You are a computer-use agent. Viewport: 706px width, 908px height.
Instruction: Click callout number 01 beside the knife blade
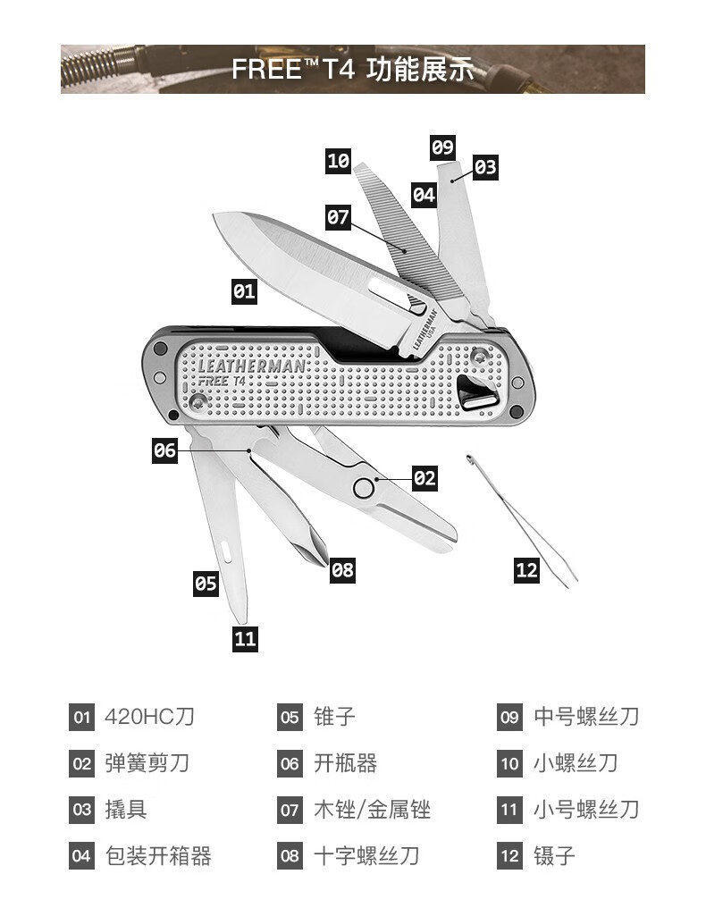point(244,291)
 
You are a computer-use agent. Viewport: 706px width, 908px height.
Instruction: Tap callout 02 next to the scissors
point(424,478)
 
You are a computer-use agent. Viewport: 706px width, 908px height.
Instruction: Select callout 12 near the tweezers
point(527,569)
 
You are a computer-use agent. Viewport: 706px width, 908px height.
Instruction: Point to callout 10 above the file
point(339,161)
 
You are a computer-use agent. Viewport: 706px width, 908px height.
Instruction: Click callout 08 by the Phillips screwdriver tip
point(342,569)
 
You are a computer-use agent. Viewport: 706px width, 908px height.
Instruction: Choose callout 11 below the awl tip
point(245,638)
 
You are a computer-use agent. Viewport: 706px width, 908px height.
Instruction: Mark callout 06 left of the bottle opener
point(165,450)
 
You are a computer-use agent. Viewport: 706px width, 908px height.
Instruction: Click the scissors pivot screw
point(364,487)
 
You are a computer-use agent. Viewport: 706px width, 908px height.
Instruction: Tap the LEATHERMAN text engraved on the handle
point(251,365)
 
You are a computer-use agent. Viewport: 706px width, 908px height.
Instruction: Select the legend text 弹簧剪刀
point(147,763)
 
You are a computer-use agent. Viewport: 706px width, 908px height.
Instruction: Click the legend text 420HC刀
point(150,717)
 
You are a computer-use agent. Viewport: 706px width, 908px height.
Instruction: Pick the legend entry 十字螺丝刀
point(366,856)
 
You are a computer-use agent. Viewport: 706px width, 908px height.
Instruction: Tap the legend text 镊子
point(555,856)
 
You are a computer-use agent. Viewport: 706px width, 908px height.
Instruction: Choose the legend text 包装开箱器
point(158,856)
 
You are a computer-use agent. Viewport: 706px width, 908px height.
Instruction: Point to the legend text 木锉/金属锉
point(373,810)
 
